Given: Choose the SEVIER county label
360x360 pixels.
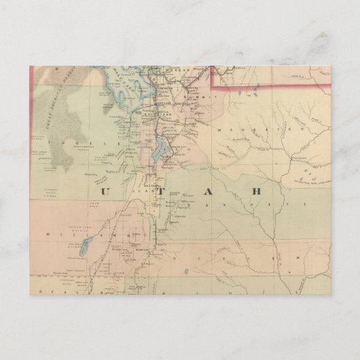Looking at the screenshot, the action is click(238, 259).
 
